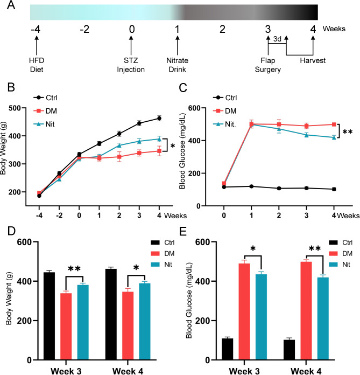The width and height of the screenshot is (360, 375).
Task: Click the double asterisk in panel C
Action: [x=348, y=131]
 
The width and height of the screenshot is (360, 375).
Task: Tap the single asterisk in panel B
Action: [x=172, y=145]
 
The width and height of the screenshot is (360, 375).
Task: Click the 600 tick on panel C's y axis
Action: [x=203, y=108]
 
